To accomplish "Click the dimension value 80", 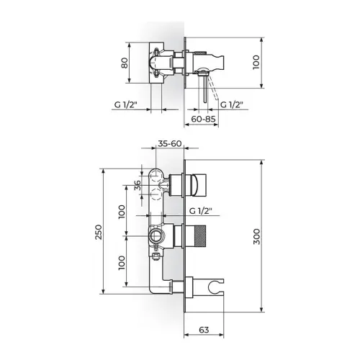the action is pyautogui.click(x=125, y=63).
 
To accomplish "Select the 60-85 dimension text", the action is pyautogui.click(x=203, y=119).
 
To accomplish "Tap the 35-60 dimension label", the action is pyautogui.click(x=170, y=143).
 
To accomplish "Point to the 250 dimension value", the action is pyautogui.click(x=99, y=232).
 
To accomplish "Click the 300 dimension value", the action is pyautogui.click(x=256, y=237).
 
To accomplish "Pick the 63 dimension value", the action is pyautogui.click(x=204, y=330).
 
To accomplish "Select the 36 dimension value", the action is pyautogui.click(x=138, y=185).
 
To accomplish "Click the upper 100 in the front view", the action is pyautogui.click(x=122, y=212).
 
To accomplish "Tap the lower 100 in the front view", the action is pyautogui.click(x=122, y=263).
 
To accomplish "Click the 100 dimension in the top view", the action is pyautogui.click(x=256, y=63).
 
